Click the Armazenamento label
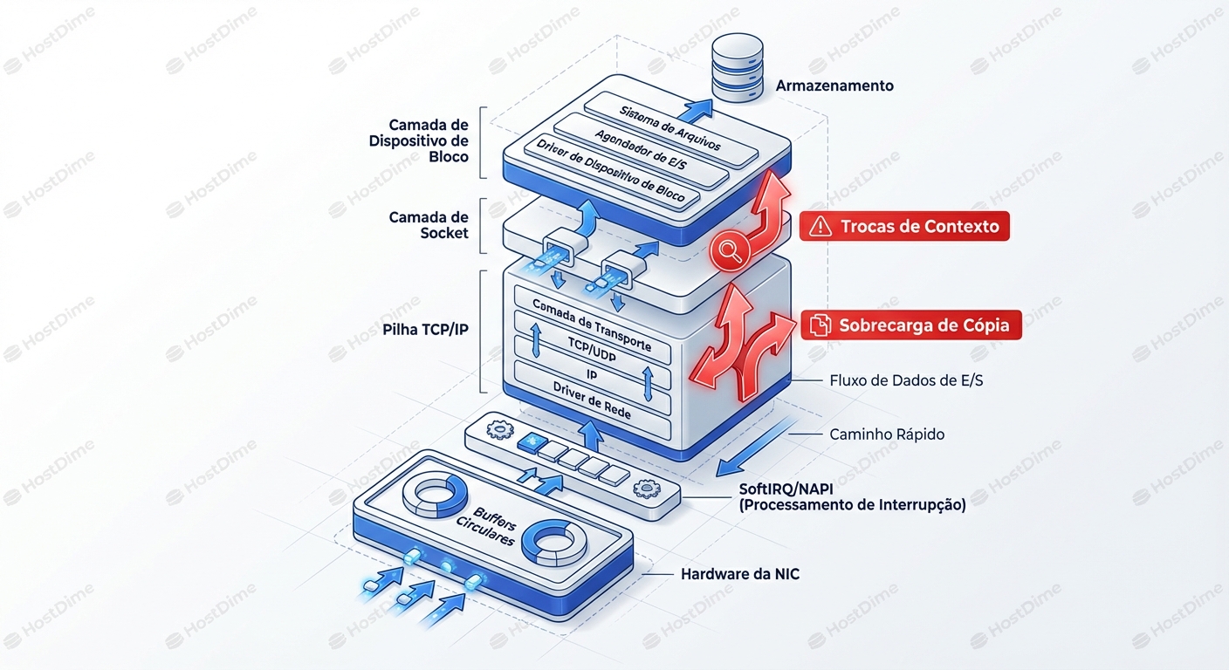[x=834, y=85]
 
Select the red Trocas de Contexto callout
[x=904, y=227]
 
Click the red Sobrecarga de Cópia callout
[x=910, y=325]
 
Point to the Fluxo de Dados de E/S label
[x=904, y=380]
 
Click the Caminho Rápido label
[x=886, y=434]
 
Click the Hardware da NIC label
[x=739, y=575]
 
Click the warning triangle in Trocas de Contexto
[x=820, y=227]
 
